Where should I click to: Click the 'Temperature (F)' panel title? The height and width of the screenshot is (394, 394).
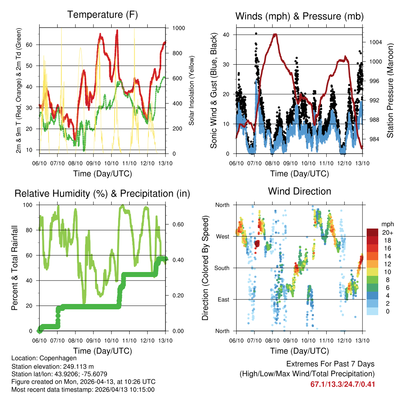(102, 15)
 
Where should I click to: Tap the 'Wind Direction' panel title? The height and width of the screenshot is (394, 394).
(299, 191)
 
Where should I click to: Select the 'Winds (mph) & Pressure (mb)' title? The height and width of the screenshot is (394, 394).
(299, 16)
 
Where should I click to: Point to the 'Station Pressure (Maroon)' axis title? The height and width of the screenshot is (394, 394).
(390, 90)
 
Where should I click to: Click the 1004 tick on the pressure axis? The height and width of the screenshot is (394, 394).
(374, 42)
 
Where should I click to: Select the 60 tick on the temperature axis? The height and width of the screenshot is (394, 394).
(33, 45)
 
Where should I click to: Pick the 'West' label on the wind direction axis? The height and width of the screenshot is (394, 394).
(222, 236)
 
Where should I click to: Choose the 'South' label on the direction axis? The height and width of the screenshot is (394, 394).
(222, 268)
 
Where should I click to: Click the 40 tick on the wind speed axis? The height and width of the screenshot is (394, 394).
(226, 35)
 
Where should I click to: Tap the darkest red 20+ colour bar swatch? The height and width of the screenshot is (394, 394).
(372, 232)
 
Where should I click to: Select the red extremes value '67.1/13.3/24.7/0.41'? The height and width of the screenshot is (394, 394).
(342, 384)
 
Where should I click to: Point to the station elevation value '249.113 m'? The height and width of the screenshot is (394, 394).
(77, 366)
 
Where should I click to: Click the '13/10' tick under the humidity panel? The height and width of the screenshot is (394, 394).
(165, 340)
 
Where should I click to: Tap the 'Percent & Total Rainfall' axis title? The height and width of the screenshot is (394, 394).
(15, 268)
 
